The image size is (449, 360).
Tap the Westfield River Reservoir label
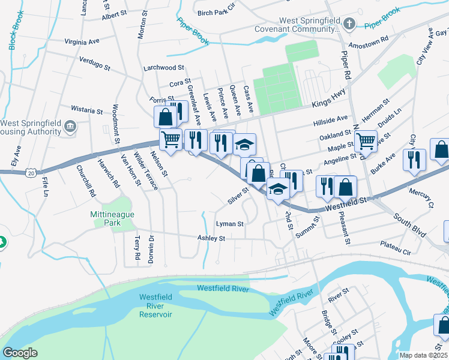[x=155, y=305]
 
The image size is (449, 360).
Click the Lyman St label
[x=229, y=224]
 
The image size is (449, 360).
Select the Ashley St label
[x=211, y=238]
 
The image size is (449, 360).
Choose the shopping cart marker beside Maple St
[x=365, y=141]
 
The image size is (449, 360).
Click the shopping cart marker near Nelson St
[x=171, y=140]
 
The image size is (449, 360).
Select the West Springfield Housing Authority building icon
[x=71, y=126]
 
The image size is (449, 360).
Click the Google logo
[x=20, y=353]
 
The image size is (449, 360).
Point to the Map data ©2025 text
[x=423, y=355]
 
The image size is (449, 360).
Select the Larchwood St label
[x=163, y=68]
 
